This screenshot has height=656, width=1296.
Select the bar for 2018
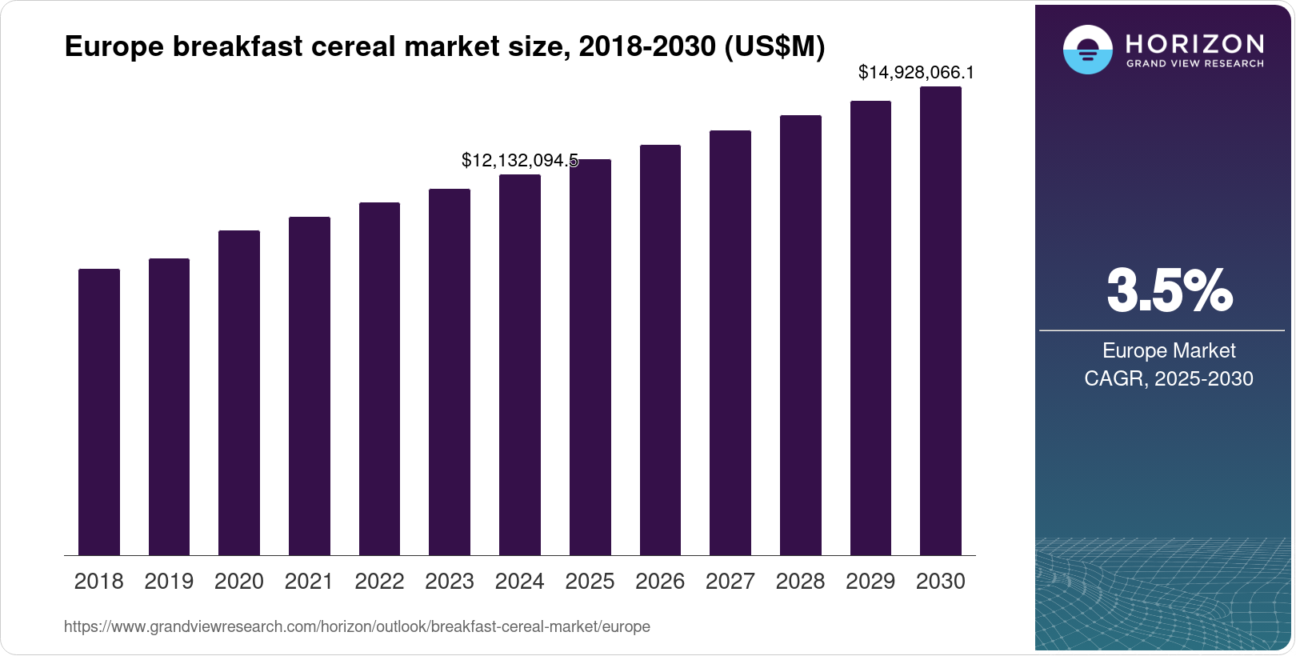pos(99,412)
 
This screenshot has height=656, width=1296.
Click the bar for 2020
pos(239,393)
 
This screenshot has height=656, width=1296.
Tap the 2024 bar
pos(520,365)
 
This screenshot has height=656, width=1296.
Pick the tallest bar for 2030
pos(941,321)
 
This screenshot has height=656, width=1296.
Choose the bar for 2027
pos(730,342)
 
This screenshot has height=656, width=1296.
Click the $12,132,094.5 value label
pos(519,161)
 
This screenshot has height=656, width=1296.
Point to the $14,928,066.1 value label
pos(916,73)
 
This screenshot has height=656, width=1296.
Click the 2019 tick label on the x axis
pos(169,582)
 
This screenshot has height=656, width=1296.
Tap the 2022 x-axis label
pos(379,582)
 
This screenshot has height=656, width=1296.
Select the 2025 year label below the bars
pos(590,582)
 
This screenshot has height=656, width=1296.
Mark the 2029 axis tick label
pos(870,582)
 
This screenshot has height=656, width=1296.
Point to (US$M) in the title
pos(774,47)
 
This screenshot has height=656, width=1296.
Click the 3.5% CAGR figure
pos(1169,290)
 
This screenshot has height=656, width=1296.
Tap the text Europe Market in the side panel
pos(1169,350)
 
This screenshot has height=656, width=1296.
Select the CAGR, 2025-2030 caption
pos(1169,378)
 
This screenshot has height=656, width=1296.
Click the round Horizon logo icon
pos(1087,50)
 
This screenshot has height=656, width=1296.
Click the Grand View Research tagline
pos(1194,63)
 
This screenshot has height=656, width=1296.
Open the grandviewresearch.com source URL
pos(357,626)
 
